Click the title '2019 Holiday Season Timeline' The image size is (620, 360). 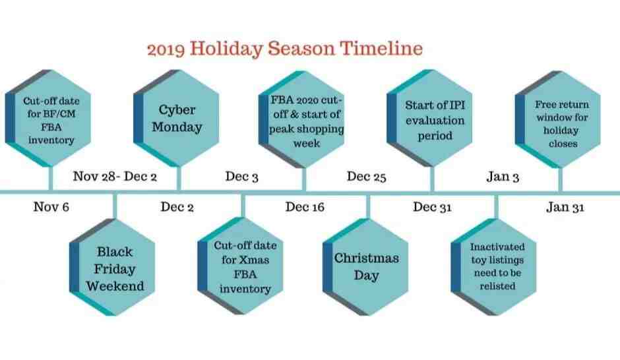285,49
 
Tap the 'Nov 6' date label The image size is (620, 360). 51,206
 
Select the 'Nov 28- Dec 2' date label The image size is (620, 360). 115,176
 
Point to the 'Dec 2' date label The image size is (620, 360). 177,206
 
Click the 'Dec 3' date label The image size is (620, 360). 241,176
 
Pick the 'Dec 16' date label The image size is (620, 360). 305,206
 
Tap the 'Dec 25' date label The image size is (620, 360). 367,176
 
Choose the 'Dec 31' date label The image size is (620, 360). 432,206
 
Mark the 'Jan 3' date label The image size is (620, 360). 503,176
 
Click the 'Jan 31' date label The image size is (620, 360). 565,206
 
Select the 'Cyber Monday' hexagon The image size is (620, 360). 176,118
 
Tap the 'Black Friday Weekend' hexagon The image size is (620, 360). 112,267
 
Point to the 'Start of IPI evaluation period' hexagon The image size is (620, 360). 430,118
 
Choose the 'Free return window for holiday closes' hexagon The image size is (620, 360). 558,119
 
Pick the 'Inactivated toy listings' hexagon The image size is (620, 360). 494,267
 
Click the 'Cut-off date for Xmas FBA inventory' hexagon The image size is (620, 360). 240,266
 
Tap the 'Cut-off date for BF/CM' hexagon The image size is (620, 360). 48,118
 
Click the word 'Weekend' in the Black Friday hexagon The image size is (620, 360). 115,285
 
